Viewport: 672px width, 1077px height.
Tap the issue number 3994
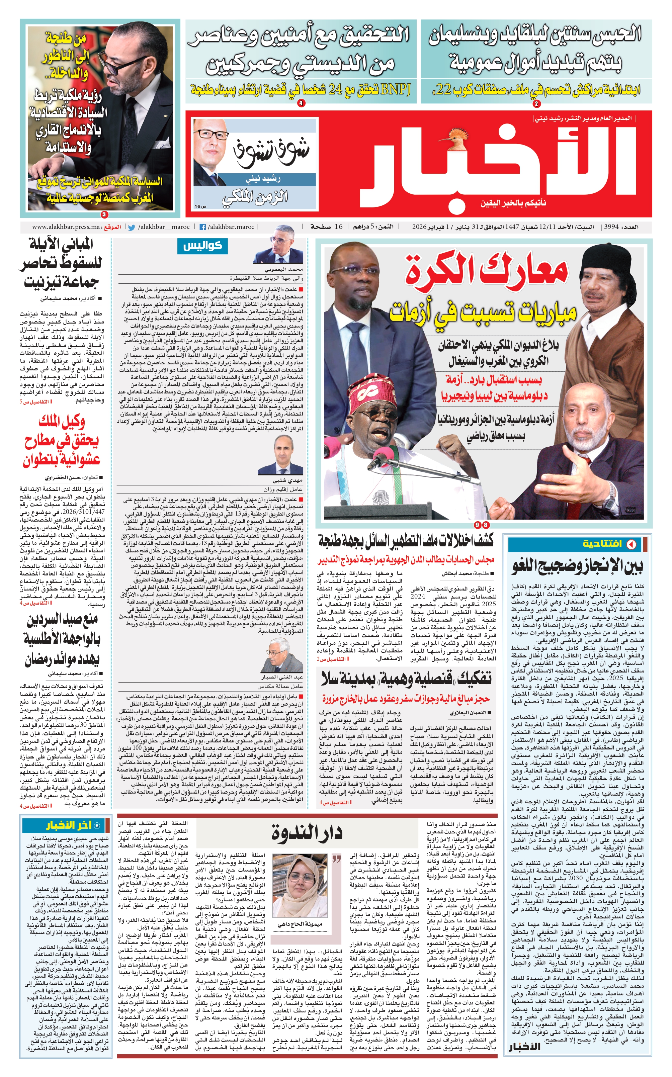coord(611,227)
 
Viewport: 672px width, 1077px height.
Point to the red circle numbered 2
coord(536,104)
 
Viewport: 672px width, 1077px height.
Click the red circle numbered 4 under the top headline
coord(301,103)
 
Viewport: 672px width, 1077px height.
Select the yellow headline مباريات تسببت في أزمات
coord(483,311)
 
